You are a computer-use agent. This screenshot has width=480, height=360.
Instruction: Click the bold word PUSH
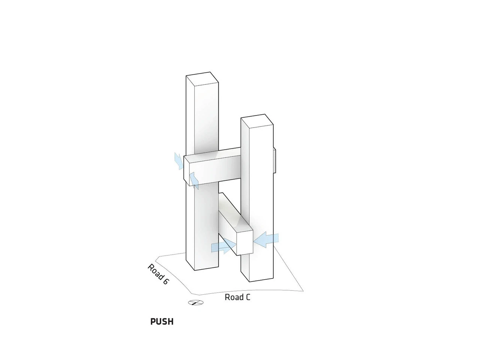[162, 321]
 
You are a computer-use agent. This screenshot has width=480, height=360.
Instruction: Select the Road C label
[237, 297]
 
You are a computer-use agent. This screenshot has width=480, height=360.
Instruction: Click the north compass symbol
[196, 303]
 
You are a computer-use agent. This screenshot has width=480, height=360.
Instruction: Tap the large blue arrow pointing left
[266, 240]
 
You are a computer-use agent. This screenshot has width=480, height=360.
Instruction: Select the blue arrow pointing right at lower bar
[223, 246]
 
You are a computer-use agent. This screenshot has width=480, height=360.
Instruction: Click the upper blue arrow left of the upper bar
[178, 161]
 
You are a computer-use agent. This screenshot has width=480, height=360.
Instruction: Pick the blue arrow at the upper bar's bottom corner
[194, 180]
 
